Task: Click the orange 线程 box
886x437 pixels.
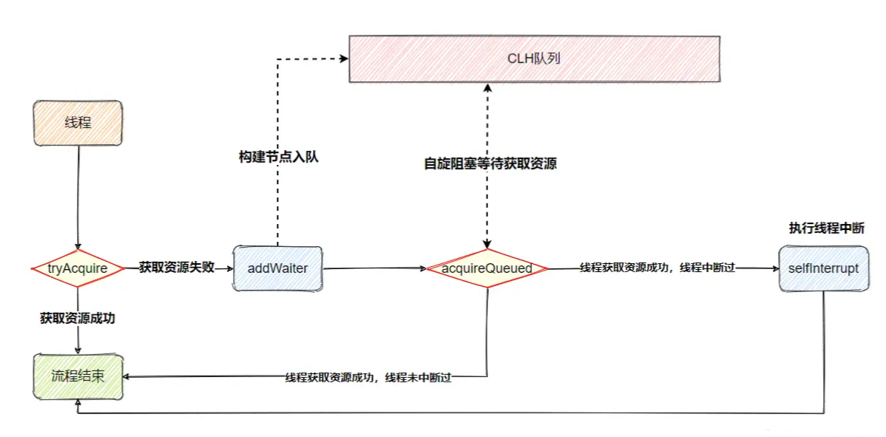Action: (x=78, y=123)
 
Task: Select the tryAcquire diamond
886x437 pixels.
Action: (x=77, y=268)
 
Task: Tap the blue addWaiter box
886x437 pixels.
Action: (x=277, y=268)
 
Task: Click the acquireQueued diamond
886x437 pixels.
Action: (x=487, y=268)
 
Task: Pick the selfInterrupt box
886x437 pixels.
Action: (x=823, y=268)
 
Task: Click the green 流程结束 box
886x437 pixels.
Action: (x=78, y=376)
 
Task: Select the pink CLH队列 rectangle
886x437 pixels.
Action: (x=534, y=58)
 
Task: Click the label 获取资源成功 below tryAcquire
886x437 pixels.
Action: (x=78, y=319)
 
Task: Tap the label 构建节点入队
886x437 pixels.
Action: (x=278, y=157)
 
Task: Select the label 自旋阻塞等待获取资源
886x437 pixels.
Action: (x=490, y=164)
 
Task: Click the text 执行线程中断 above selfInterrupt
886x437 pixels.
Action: (x=826, y=228)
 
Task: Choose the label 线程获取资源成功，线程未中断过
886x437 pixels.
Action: (x=368, y=378)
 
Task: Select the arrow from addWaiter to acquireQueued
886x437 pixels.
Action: (x=373, y=269)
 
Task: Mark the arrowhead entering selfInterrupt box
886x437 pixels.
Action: (x=774, y=269)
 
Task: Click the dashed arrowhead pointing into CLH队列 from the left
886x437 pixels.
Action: (x=343, y=58)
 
